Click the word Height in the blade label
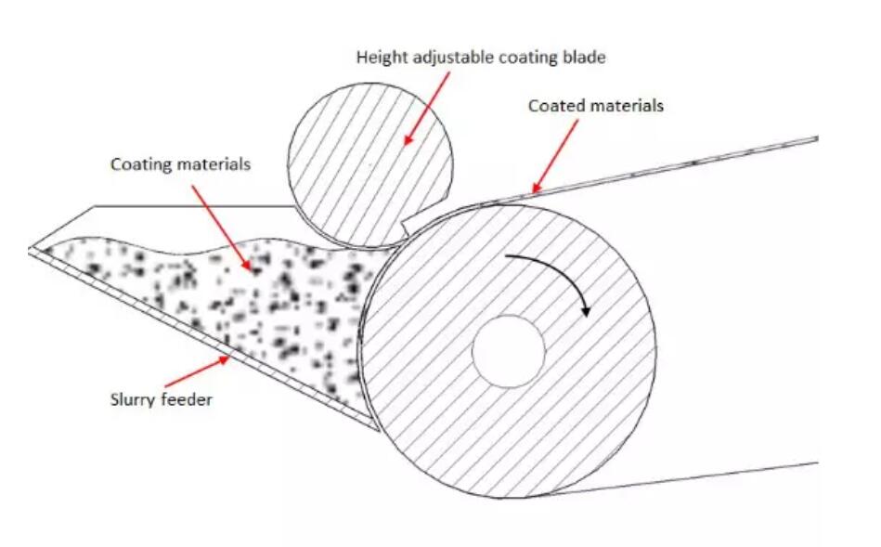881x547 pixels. pyautogui.click(x=379, y=58)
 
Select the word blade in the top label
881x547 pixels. pyautogui.click(x=585, y=58)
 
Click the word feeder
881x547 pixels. pyautogui.click(x=185, y=401)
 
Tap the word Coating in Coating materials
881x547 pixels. pyautogui.click(x=139, y=164)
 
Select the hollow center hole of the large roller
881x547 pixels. pyautogui.click(x=508, y=352)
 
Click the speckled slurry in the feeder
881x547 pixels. pyautogui.click(x=232, y=306)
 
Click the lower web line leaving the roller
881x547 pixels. pyautogui.click(x=724, y=475)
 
